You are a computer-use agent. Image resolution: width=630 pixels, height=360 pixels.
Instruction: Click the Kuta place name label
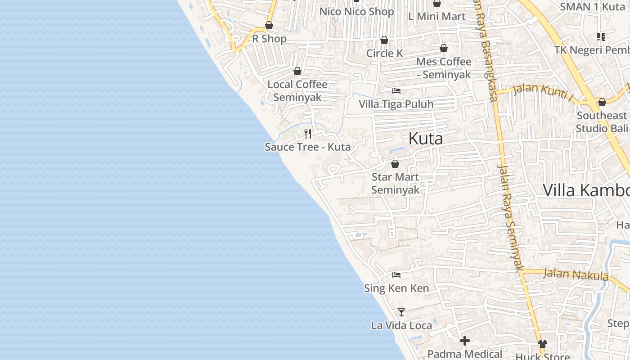(x=425, y=139)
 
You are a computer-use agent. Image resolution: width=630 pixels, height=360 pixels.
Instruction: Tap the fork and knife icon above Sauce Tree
(x=308, y=133)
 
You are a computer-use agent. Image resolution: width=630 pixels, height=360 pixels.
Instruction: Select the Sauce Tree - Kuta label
(x=308, y=147)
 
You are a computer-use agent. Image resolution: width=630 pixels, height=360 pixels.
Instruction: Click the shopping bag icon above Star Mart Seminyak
(x=395, y=164)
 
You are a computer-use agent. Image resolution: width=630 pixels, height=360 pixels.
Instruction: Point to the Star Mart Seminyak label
(x=395, y=184)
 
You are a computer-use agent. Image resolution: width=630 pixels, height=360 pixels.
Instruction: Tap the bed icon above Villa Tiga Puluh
(x=396, y=91)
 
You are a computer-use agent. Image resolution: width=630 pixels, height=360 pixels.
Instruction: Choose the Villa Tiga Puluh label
(x=396, y=104)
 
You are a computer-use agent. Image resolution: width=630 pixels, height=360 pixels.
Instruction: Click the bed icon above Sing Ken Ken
(x=396, y=274)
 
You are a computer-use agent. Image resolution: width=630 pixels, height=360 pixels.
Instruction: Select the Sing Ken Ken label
(x=396, y=288)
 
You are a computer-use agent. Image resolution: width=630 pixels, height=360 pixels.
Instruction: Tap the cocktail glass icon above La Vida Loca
(x=401, y=312)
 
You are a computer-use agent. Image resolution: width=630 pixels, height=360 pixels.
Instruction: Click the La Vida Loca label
(x=401, y=325)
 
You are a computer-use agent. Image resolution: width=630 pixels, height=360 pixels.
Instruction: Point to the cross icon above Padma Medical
(x=465, y=341)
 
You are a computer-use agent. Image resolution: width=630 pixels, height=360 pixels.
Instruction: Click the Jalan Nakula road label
(x=576, y=274)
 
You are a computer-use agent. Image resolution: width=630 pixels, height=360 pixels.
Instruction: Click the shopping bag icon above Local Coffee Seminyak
(x=297, y=71)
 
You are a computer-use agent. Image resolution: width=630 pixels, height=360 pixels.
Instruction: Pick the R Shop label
(x=269, y=39)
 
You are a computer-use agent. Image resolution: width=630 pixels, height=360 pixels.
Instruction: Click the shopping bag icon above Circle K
(x=384, y=40)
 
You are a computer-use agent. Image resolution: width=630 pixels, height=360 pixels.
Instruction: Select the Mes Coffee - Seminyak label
(x=444, y=68)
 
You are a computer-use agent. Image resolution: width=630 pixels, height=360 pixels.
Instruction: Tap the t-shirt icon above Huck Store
(x=542, y=344)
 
